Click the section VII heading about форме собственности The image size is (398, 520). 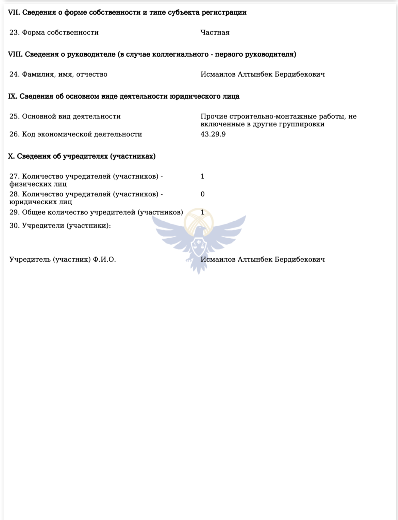point(127,12)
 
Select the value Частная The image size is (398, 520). point(215,32)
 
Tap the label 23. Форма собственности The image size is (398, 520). point(54,32)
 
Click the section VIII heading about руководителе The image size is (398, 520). point(152,54)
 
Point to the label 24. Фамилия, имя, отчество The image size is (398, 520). point(58,74)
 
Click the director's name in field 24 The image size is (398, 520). point(263,74)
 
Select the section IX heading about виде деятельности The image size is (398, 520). point(124,96)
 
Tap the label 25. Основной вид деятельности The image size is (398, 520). point(65,117)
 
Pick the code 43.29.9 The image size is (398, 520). point(213,134)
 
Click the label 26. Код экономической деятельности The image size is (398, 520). point(76,134)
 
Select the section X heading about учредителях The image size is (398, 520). point(82,156)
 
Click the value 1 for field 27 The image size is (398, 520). point(203,176)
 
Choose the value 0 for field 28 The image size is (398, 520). point(203,194)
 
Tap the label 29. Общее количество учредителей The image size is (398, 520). point(96,212)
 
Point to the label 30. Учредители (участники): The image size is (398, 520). point(60,226)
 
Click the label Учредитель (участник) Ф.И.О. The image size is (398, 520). point(63,259)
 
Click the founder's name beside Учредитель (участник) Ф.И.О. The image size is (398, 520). point(263,259)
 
